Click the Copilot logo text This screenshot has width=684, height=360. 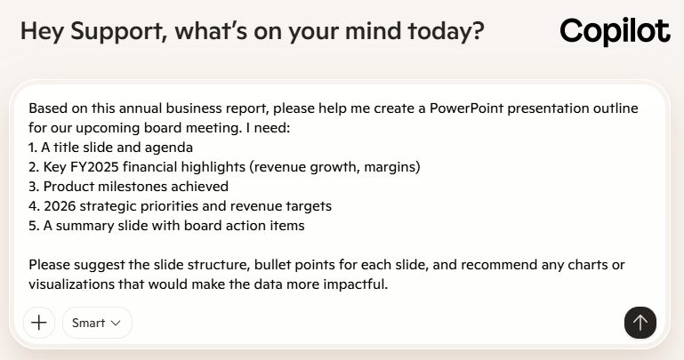(x=615, y=32)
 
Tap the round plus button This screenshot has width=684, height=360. (x=38, y=323)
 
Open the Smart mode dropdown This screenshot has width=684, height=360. (x=97, y=323)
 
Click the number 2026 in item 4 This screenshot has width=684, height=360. (x=60, y=206)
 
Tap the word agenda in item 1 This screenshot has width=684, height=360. (x=171, y=148)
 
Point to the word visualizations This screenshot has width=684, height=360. (x=75, y=284)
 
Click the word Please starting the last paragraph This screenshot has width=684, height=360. (x=50, y=265)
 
